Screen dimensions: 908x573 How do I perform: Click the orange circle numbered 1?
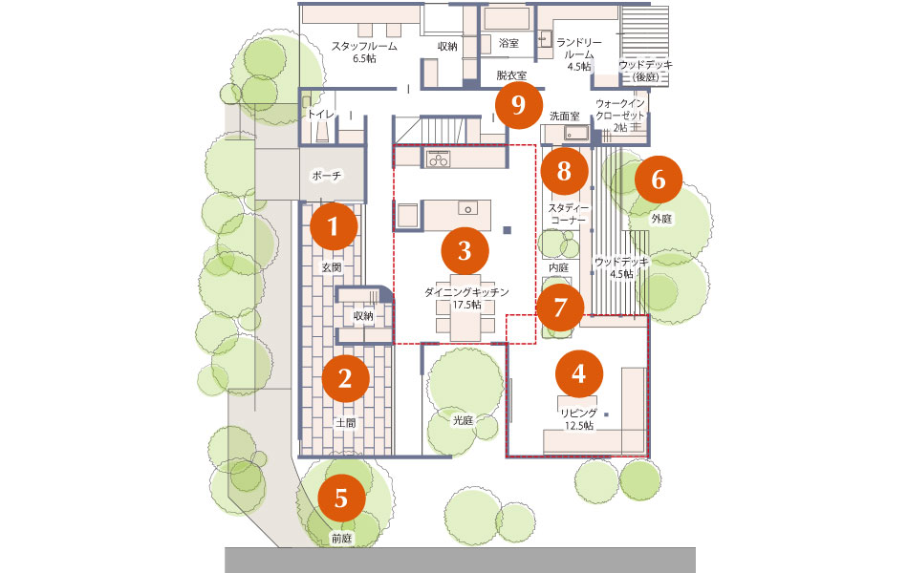334,225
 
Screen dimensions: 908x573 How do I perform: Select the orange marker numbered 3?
465,250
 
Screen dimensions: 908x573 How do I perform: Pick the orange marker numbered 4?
578,374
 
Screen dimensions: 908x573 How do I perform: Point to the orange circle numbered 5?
341,498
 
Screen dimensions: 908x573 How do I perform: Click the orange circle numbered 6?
659,179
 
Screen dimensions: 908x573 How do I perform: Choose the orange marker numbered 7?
560,308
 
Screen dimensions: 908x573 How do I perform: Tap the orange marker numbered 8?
564,171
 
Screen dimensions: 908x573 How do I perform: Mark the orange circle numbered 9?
518,105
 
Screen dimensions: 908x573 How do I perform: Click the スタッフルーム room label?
364,46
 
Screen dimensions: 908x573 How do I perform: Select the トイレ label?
321,115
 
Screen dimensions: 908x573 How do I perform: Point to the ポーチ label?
327,176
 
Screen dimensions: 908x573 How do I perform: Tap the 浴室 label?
508,43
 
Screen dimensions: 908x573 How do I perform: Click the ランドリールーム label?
579,49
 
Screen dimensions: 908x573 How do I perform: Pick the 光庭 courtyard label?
463,421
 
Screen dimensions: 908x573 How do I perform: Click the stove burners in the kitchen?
439,159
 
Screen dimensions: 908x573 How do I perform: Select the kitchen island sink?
468,208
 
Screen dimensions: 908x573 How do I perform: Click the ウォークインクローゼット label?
620,110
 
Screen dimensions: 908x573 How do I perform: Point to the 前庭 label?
341,539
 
